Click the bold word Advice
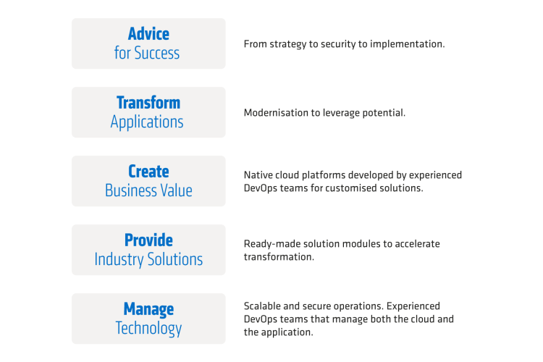tap(148, 34)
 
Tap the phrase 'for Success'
tap(147, 53)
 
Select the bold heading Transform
tap(148, 103)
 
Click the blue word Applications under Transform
tap(147, 122)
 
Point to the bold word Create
tap(148, 172)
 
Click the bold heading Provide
tap(148, 240)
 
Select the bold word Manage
tap(148, 309)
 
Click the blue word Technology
tap(148, 329)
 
